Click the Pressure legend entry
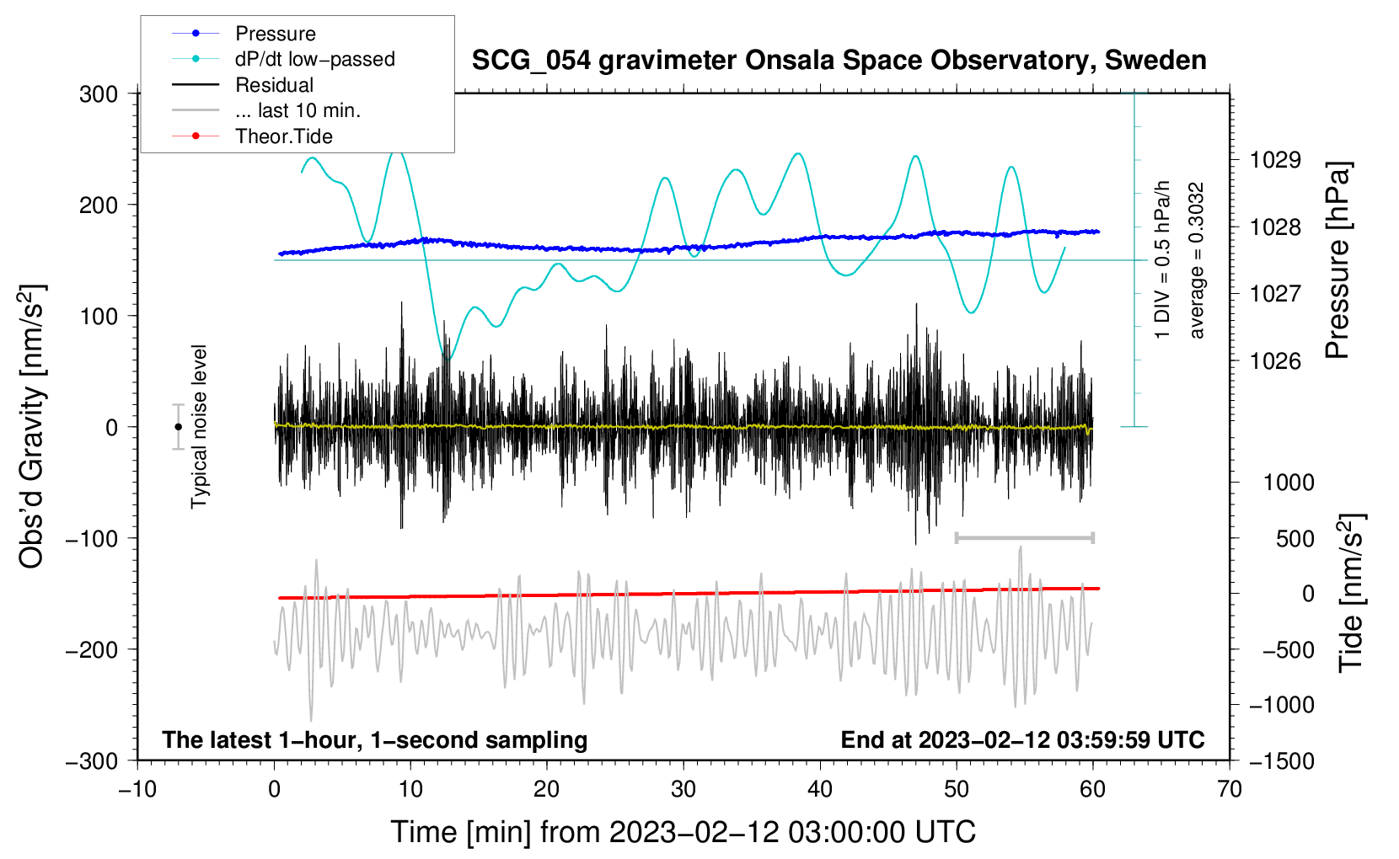[x=275, y=34]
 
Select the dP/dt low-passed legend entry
[x=314, y=59]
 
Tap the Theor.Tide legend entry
[x=284, y=136]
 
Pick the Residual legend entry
[x=274, y=85]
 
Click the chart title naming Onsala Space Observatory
[x=839, y=61]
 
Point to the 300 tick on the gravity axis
[x=99, y=94]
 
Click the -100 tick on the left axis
[x=92, y=538]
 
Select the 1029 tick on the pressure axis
[x=1275, y=160]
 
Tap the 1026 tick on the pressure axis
[x=1275, y=361]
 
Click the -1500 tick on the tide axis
[x=1281, y=760]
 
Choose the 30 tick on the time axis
[x=683, y=789]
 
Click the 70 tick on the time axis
[x=1230, y=789]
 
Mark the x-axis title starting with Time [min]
[x=683, y=832]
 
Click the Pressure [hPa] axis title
[x=1337, y=261]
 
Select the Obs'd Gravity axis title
[x=32, y=427]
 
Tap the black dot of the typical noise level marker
[x=178, y=427]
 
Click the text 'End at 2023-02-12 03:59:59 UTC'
[x=1022, y=739]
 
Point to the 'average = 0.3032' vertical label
[x=1197, y=261]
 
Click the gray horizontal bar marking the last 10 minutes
[x=1024, y=537]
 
